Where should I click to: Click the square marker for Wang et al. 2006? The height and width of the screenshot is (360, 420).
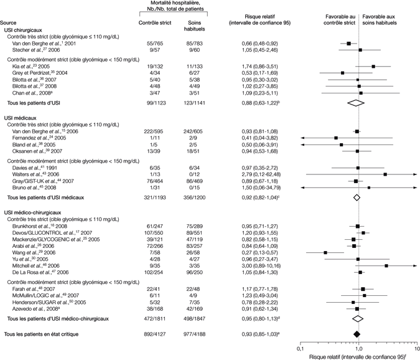coord(325,252)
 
